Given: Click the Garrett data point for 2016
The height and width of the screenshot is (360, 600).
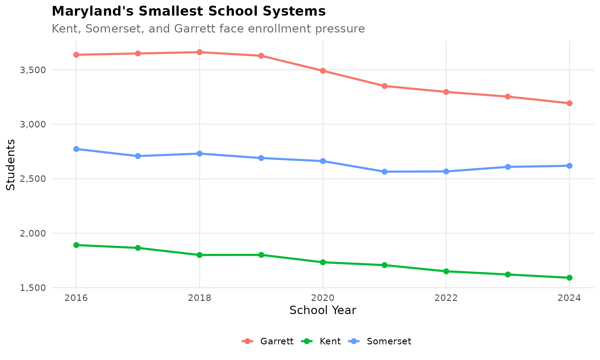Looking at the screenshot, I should click(76, 55).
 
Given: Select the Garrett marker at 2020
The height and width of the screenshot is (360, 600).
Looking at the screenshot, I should click(323, 71).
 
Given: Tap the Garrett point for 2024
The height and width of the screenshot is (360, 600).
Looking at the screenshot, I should click(569, 103).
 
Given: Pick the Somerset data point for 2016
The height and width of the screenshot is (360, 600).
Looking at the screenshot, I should click(76, 149).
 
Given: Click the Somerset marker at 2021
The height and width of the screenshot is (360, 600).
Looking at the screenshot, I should click(384, 172).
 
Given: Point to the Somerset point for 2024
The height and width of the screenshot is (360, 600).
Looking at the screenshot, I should click(569, 166).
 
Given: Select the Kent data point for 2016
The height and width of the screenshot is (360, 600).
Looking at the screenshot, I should click(76, 245).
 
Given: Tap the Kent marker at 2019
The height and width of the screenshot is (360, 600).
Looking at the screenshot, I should click(261, 255).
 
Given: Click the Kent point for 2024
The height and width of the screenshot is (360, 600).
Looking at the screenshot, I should click(569, 277).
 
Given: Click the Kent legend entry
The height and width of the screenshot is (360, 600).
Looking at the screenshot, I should click(322, 341).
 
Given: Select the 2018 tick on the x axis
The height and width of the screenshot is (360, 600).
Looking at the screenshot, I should click(199, 298).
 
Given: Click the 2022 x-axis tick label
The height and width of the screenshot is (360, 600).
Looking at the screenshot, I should click(446, 298).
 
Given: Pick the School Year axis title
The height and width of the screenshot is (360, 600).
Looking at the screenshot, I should click(323, 310).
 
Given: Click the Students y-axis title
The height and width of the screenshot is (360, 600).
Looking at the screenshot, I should click(11, 164).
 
